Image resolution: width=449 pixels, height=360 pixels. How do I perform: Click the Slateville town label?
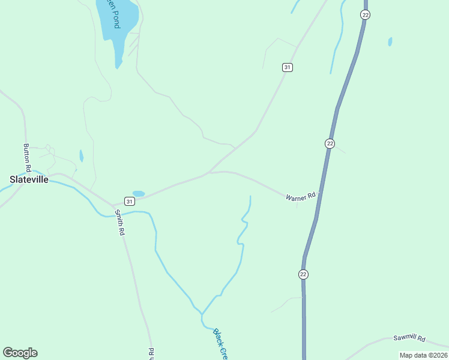pos(29,179)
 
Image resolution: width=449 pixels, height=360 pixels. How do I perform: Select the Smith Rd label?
pos(121,222)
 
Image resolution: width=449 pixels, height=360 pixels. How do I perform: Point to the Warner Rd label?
pos(300,196)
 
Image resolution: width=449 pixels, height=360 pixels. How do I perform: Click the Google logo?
pos(20,352)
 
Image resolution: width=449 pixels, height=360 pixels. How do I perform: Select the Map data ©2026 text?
pos(423,355)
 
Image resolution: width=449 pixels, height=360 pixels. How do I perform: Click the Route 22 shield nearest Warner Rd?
pos(330,143)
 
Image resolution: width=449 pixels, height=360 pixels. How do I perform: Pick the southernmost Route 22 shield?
pos(303,274)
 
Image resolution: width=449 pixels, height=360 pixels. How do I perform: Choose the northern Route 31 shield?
pos(288,67)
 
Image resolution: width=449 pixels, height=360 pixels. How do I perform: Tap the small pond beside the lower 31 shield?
pos(139,194)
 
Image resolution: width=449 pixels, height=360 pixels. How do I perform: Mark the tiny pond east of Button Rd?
pos(81,156)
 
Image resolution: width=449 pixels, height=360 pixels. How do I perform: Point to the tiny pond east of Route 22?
pos(390,41)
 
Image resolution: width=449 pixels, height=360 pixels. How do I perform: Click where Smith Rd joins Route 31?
pos(114,206)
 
